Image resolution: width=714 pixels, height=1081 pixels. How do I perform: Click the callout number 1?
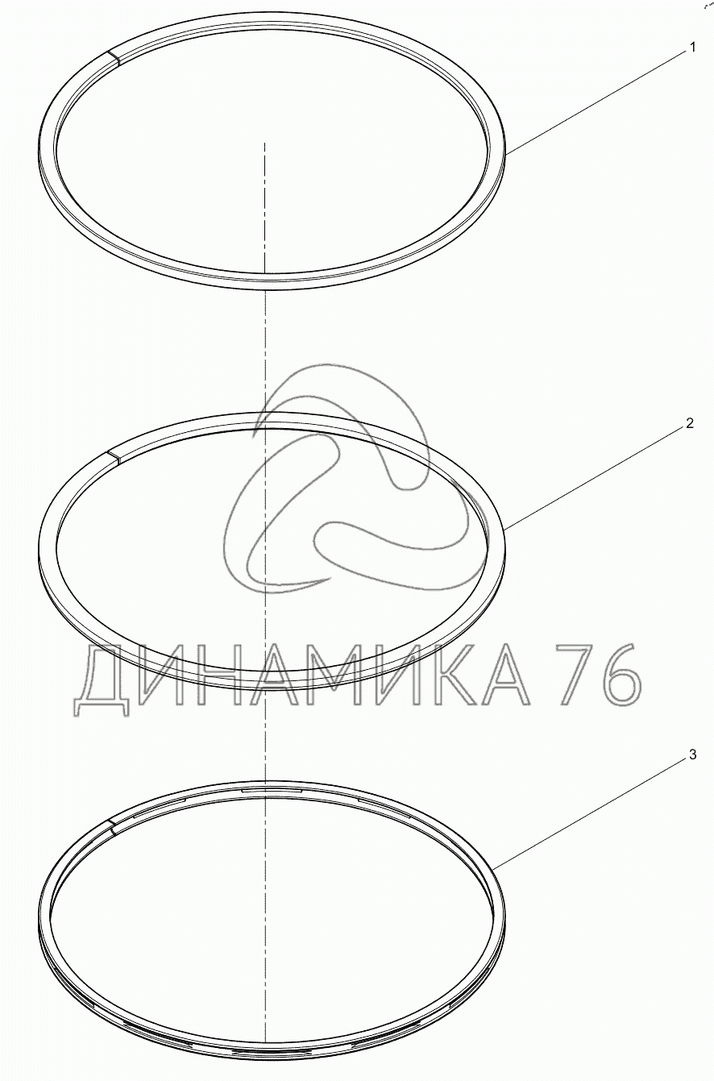692,48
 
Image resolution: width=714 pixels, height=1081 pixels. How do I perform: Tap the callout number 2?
689,423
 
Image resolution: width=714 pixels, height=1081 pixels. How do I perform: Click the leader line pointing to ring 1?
596,105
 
